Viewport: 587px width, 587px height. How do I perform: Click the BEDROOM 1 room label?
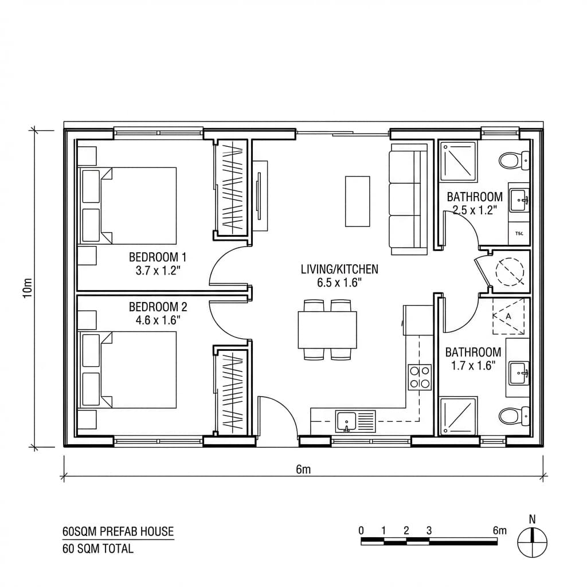(x=158, y=256)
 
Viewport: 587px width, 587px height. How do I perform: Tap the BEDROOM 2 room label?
(x=158, y=307)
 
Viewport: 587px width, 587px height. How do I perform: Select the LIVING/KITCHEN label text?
(x=339, y=269)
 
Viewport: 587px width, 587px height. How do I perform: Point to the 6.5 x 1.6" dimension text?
(x=339, y=282)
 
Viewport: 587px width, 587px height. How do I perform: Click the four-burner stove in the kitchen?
(x=420, y=377)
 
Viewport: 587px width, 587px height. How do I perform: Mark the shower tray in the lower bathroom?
(x=458, y=415)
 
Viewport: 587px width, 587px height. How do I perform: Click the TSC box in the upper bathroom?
(x=519, y=233)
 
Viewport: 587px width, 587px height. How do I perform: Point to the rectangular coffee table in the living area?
(x=357, y=201)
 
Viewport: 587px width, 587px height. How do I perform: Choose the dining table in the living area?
(x=327, y=330)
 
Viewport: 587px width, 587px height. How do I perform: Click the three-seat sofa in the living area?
(x=408, y=199)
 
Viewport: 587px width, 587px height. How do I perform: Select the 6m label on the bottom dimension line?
(x=303, y=469)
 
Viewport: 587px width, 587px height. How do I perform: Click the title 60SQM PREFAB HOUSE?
(x=118, y=531)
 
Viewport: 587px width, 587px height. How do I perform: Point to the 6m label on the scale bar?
(x=499, y=530)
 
